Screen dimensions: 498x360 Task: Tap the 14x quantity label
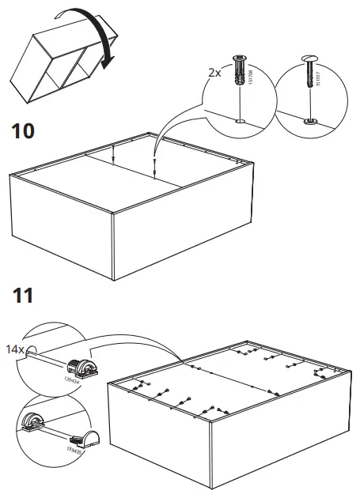[15, 348]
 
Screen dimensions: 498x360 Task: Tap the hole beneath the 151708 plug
[241, 121]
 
